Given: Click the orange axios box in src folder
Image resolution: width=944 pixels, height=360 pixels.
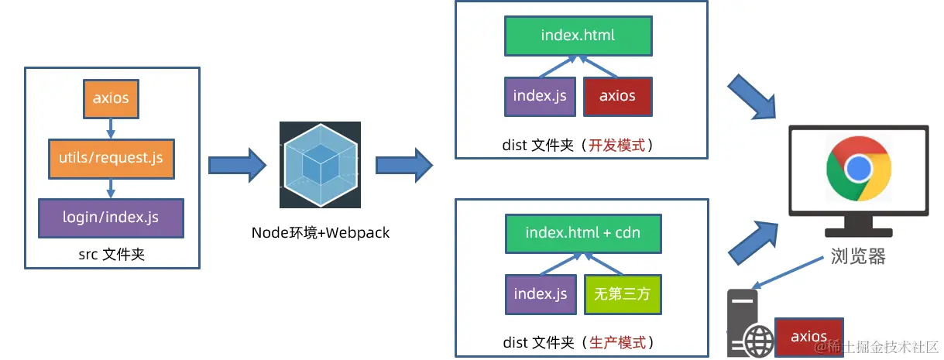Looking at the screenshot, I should (111, 98).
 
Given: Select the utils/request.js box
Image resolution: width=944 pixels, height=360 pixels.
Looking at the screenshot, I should (111, 158).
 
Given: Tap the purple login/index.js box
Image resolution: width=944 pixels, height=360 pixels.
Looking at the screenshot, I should (111, 218).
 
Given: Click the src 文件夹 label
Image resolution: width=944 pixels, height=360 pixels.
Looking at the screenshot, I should (112, 254).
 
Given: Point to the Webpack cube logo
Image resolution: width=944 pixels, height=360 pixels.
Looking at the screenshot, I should (320, 164).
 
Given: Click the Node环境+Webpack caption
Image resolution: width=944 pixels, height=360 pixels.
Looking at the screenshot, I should (320, 232).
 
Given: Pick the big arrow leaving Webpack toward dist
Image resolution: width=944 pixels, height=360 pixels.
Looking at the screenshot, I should (403, 164).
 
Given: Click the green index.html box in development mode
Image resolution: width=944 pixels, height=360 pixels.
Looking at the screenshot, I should (578, 36).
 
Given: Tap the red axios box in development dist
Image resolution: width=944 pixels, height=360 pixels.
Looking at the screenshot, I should (617, 96).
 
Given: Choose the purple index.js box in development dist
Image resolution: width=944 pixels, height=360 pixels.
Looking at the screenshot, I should (540, 96).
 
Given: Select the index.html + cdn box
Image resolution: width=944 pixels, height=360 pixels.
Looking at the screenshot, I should (583, 232).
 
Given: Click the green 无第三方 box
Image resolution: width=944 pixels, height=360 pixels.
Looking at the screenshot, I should (623, 294).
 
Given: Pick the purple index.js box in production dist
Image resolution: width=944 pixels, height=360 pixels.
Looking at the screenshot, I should (540, 294).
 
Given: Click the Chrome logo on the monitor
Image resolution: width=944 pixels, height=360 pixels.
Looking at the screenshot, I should (858, 168).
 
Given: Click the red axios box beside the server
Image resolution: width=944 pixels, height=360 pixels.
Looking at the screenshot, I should (809, 336).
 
